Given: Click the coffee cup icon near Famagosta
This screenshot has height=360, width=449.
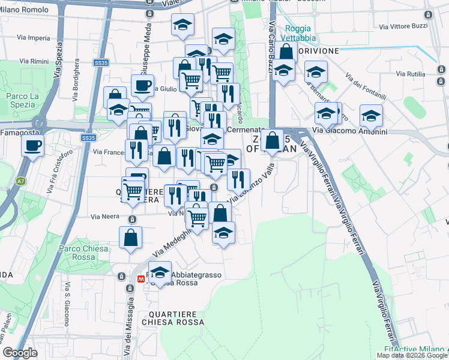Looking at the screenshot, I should pyautogui.click(x=32, y=145).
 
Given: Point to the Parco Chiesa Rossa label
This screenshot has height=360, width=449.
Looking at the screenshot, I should pyautogui.click(x=83, y=253).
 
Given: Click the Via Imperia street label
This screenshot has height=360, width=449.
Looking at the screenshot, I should pyautogui.click(x=35, y=38).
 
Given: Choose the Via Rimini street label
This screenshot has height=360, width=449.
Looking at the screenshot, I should pyautogui.click(x=34, y=61).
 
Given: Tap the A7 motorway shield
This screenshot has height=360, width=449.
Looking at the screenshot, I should pyautogui.click(x=21, y=180).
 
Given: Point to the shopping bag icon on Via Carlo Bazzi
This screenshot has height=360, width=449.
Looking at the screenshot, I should pyautogui.click(x=286, y=52).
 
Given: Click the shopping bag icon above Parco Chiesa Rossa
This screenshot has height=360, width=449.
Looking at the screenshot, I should pyautogui.click(x=130, y=238).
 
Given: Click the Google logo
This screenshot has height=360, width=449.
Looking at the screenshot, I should pyautogui.click(x=20, y=353).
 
